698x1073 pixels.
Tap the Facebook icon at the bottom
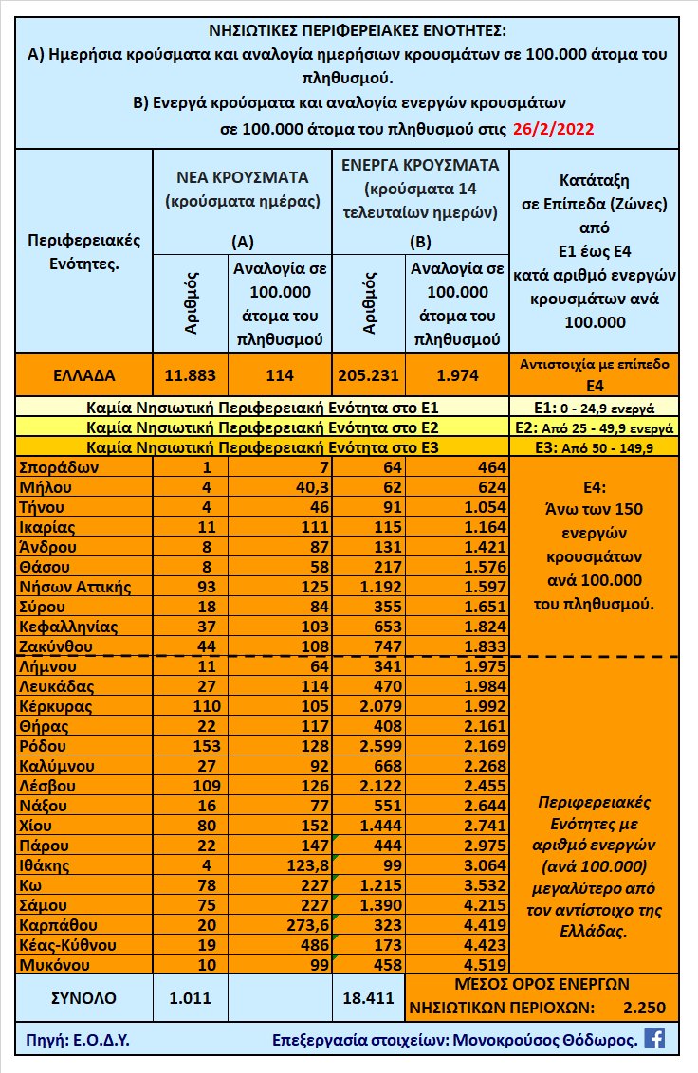coord(654,1038)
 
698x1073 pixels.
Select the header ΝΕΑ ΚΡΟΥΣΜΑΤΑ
coord(242,177)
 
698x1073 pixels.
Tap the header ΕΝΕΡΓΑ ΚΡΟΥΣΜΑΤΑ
coord(419,163)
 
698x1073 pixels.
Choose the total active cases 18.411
coord(367,997)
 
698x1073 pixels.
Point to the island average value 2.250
coord(646,1007)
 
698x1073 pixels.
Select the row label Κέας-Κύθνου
coord(68,945)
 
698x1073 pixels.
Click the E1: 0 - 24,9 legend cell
coord(593,409)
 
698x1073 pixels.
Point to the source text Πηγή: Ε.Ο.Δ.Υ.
coord(73,1039)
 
